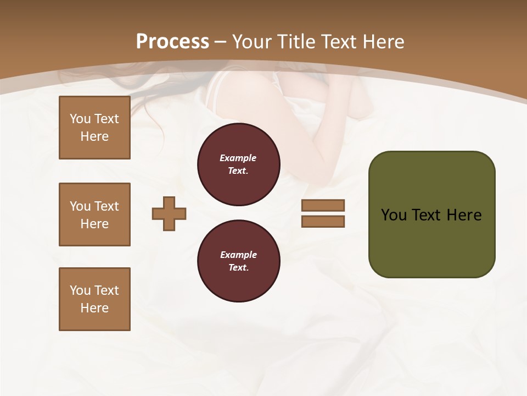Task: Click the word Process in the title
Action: tap(172, 42)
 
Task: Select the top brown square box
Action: tap(94, 128)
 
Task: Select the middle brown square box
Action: tap(94, 215)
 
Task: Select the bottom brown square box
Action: tap(94, 299)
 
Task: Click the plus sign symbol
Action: tap(169, 214)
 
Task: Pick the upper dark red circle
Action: tap(239, 164)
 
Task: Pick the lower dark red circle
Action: tap(239, 261)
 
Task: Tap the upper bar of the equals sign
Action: tap(323, 205)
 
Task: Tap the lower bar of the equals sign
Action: tap(323, 222)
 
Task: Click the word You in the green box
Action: tap(394, 215)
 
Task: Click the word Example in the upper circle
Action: tap(238, 158)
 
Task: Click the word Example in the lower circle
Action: tap(238, 255)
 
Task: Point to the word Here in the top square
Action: tap(94, 136)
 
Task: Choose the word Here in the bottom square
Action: tap(94, 308)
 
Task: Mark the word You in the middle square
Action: tap(80, 206)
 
